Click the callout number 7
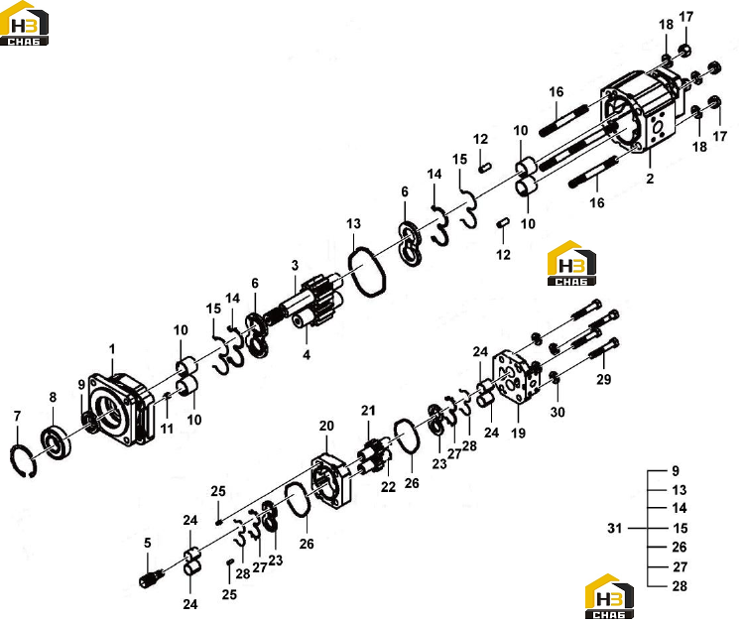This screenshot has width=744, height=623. click(18, 416)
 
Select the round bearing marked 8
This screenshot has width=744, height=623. click(56, 443)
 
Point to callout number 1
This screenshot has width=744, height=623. click(112, 349)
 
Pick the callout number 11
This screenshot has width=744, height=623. click(167, 429)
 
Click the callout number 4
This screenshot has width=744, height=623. click(307, 354)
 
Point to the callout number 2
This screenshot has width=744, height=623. click(650, 179)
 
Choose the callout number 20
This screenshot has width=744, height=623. click(326, 427)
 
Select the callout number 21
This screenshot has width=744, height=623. click(368, 411)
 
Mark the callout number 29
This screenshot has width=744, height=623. click(603, 379)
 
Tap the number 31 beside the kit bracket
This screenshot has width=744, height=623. click(614, 528)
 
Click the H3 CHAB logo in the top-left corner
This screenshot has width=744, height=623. click(24, 23)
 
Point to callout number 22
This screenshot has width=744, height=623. click(388, 487)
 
